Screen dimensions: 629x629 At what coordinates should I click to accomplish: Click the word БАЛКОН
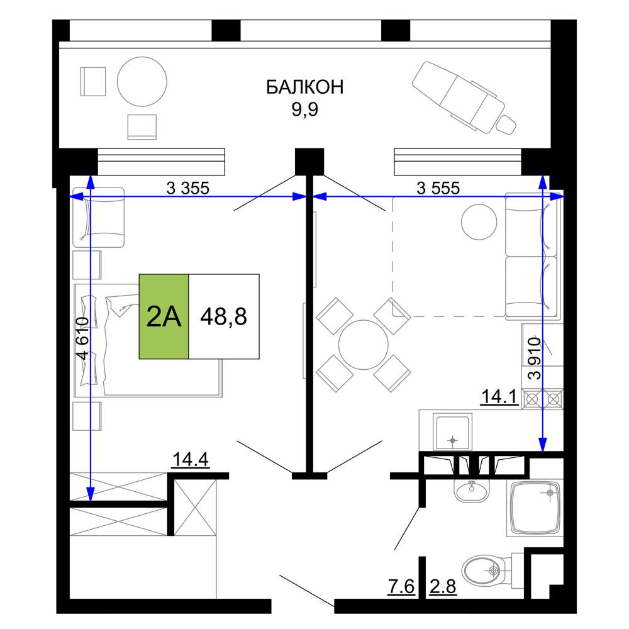(x=305, y=87)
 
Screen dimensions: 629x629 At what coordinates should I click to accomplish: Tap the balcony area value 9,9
(x=305, y=109)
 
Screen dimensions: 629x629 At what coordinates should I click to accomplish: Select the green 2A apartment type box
(x=164, y=316)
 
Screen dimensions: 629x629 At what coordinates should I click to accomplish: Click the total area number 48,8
(x=223, y=316)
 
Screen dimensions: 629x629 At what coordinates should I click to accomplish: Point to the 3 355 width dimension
(x=187, y=187)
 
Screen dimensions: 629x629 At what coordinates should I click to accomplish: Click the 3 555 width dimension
(x=438, y=187)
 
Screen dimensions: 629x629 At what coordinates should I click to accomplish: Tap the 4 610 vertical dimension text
(x=82, y=338)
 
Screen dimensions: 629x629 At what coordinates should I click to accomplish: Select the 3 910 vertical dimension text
(x=535, y=359)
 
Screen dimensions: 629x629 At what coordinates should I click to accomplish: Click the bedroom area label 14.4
(x=190, y=460)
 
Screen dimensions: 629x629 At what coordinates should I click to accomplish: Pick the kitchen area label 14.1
(x=499, y=397)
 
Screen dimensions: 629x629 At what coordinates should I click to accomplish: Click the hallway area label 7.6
(x=401, y=586)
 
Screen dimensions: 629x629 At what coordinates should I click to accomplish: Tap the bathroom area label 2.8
(x=443, y=586)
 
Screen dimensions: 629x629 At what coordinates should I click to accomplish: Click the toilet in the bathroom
(x=487, y=570)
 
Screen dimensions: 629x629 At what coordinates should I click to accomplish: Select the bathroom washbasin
(x=472, y=490)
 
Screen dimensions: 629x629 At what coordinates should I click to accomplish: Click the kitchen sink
(x=452, y=433)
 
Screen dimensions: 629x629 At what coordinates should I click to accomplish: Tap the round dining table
(x=364, y=345)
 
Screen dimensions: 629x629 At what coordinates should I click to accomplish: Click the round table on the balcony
(x=142, y=81)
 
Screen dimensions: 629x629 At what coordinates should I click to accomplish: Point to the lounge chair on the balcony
(x=464, y=98)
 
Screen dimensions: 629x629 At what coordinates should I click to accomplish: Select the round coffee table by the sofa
(x=479, y=222)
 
